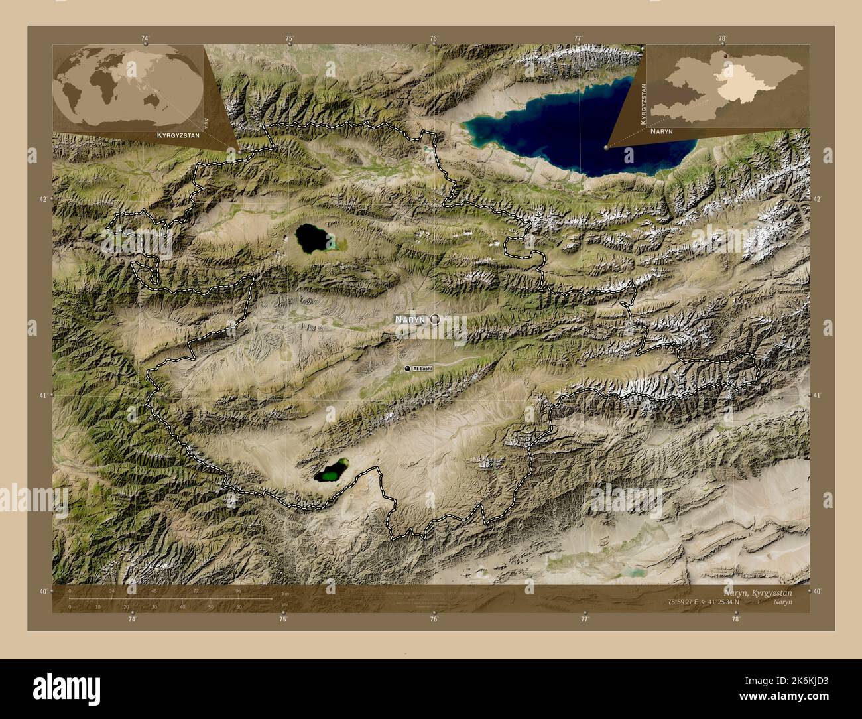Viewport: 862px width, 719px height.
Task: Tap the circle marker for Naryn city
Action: point(435,319)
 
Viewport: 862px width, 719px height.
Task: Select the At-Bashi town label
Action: point(422,368)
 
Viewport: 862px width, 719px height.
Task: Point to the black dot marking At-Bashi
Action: point(407,368)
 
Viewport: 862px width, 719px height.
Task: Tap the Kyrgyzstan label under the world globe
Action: point(178,135)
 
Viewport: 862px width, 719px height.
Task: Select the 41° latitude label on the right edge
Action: point(818,395)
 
